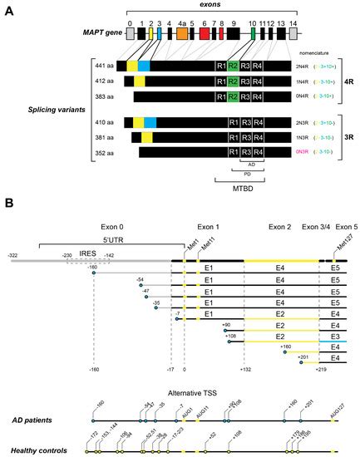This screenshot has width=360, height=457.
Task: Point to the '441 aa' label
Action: point(102,66)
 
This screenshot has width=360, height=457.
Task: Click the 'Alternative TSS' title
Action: point(193,391)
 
